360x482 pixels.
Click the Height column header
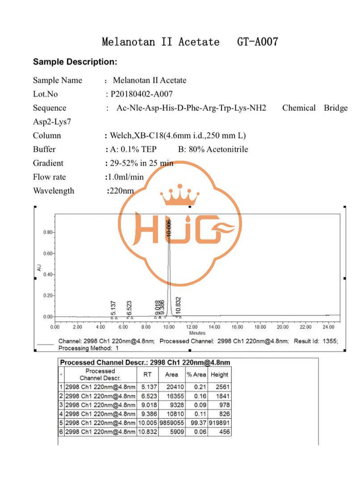[x=219, y=374]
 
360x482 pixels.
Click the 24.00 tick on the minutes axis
[x=329, y=327]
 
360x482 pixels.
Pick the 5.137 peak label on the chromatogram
[x=113, y=307]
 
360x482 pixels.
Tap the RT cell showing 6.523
[x=147, y=396]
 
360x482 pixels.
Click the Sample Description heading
[x=75, y=62]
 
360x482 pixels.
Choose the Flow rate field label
[x=49, y=177]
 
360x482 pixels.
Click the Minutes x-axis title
[x=197, y=333]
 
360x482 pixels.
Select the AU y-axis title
[x=39, y=268]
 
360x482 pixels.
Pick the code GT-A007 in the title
[x=258, y=42]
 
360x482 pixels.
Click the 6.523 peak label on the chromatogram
[x=129, y=307]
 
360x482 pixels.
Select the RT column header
[x=147, y=374]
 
